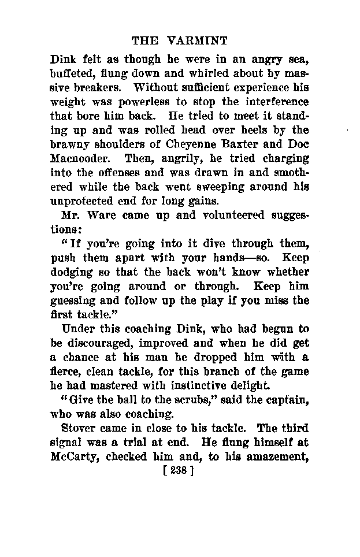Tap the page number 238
179,471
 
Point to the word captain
288,400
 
